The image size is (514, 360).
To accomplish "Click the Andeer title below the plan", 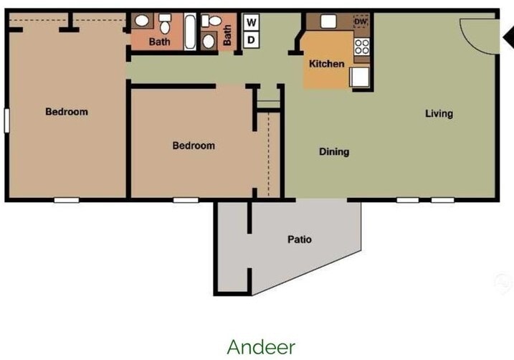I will pyautogui.click(x=261, y=346).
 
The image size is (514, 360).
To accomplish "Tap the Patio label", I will pyautogui.click(x=300, y=240).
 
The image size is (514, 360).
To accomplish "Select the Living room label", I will pyautogui.click(x=439, y=113).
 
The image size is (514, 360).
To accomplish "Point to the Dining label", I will pyautogui.click(x=334, y=152).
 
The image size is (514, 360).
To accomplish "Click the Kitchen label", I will pyautogui.click(x=326, y=64).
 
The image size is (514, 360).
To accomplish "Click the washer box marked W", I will pyautogui.click(x=252, y=22).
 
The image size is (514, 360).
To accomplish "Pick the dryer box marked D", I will pyautogui.click(x=252, y=40).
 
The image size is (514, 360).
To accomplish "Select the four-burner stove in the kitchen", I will pyautogui.click(x=361, y=47).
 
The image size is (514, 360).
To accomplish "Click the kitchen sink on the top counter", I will pyautogui.click(x=329, y=22).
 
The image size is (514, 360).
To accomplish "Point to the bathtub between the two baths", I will pyautogui.click(x=191, y=32).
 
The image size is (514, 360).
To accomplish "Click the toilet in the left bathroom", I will pyautogui.click(x=166, y=27).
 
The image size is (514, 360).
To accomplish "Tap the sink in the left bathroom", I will pyautogui.click(x=141, y=22).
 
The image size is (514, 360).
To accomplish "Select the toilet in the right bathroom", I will pyautogui.click(x=209, y=41).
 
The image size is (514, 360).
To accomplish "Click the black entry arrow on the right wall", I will pyautogui.click(x=506, y=36).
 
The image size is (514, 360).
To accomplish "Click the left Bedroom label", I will pyautogui.click(x=67, y=112).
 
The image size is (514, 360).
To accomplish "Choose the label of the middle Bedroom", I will pyautogui.click(x=194, y=146).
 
